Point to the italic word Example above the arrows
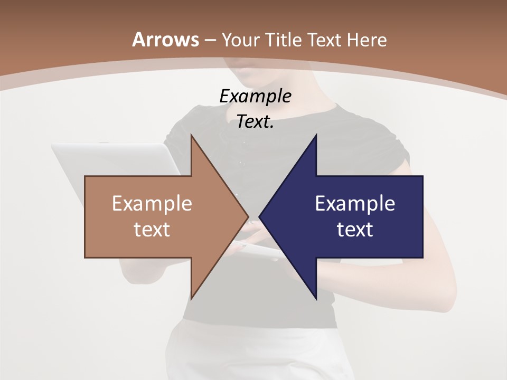click(x=256, y=97)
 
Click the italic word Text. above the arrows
click(x=256, y=122)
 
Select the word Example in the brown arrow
click(x=152, y=203)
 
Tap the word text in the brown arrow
click(x=152, y=230)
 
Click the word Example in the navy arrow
click(x=355, y=203)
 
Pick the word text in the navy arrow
click(x=355, y=230)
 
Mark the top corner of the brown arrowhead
click(x=192, y=136)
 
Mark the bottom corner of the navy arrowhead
click(x=316, y=298)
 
